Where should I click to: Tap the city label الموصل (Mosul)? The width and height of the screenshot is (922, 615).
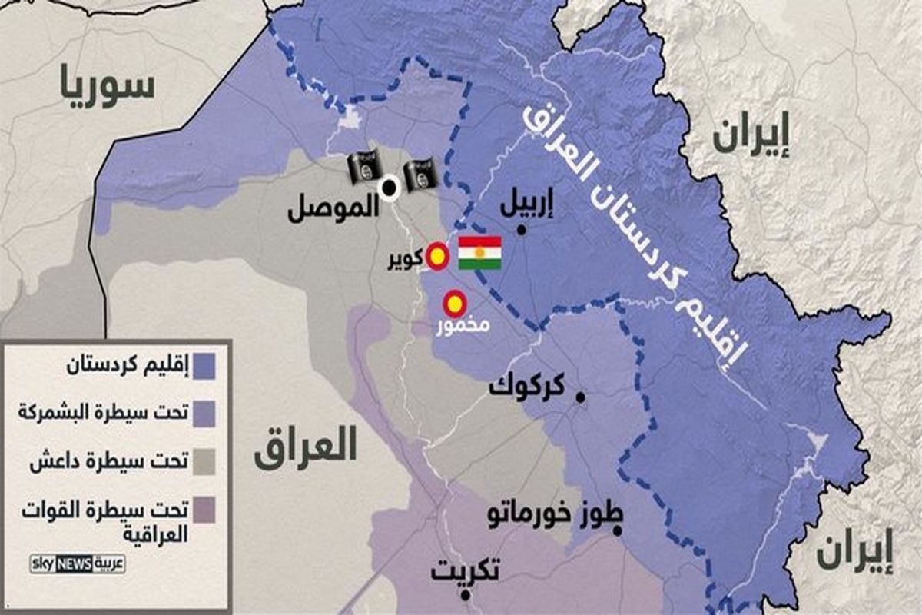(333, 210)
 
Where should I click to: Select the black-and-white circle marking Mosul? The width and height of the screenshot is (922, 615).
(390, 187)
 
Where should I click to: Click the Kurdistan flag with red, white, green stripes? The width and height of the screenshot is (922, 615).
(479, 253)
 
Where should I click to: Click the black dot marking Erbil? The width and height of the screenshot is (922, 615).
(522, 230)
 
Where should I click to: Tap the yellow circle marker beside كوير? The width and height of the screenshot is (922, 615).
(438, 257)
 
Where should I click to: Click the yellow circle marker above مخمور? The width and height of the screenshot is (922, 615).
(455, 304)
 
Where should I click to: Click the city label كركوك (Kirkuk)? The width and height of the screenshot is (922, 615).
(528, 384)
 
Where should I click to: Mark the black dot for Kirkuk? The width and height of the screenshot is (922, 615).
(581, 397)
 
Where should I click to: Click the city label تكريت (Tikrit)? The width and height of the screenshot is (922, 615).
(465, 571)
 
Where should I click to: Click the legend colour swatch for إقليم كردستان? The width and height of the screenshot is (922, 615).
(204, 365)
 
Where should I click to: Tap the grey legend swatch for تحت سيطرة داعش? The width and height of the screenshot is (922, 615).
(204, 461)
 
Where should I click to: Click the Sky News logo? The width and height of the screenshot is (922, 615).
(78, 563)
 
